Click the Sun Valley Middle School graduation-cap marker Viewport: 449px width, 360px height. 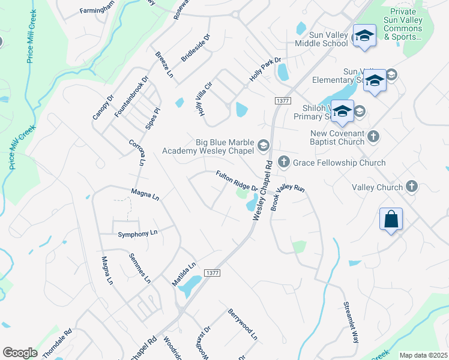click(364, 35)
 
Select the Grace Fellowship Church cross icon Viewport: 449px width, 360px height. click(284, 163)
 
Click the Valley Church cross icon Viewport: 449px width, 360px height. click(412, 187)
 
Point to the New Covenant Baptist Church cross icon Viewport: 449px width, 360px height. click(373, 136)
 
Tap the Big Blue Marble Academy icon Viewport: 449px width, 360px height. click(263, 145)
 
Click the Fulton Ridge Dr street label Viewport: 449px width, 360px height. click(237, 181)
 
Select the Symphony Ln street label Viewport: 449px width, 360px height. click(137, 233)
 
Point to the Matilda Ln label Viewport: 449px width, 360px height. click(185, 273)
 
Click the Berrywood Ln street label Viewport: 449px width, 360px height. click(242, 325)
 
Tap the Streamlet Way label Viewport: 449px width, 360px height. click(351, 321)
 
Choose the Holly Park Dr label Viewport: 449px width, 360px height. click(265, 70)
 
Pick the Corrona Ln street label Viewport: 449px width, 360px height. click(137, 152)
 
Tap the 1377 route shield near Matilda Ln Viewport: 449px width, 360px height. click(212, 272)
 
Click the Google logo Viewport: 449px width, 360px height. click(20, 353)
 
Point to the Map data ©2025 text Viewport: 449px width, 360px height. click(423, 355)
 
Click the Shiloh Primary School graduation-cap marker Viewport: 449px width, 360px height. click(342, 111)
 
